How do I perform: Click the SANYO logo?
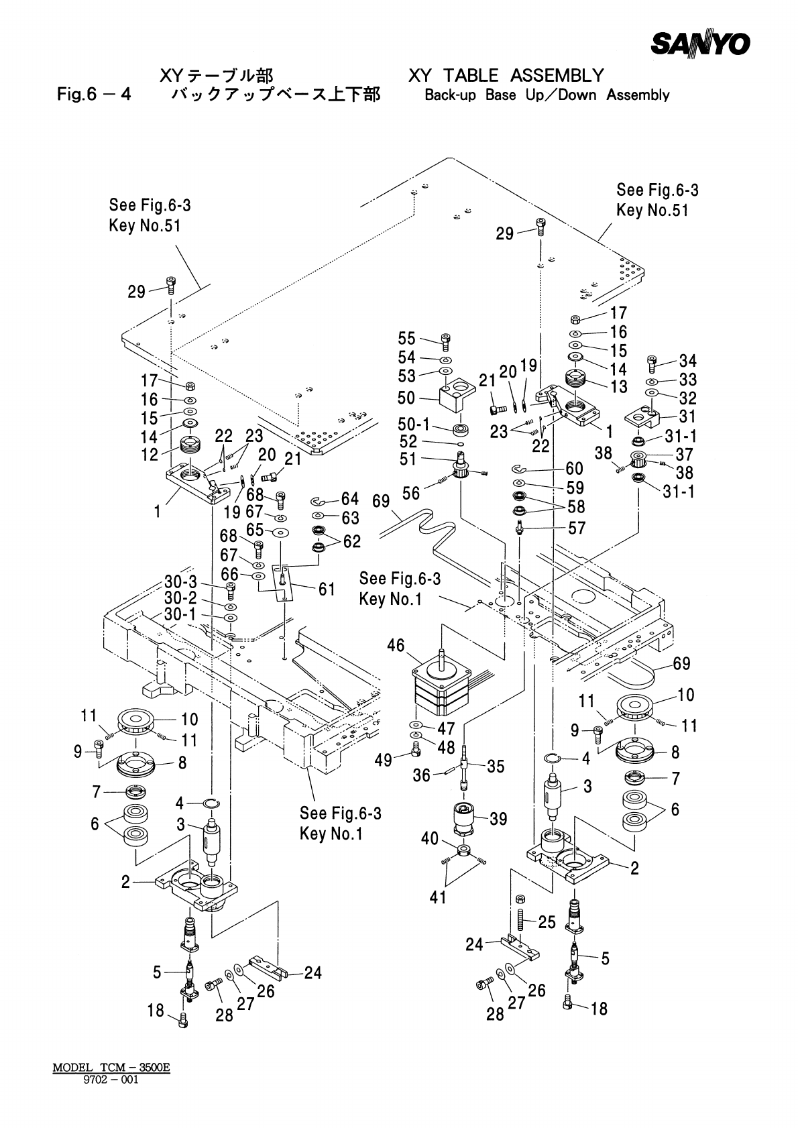click(700, 44)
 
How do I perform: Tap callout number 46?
click(396, 646)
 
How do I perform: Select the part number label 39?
click(498, 819)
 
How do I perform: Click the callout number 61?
click(327, 589)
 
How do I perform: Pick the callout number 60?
click(574, 468)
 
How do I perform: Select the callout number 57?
click(576, 528)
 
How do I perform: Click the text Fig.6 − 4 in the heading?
click(93, 94)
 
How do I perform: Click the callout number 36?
click(422, 775)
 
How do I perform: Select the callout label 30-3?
click(180, 582)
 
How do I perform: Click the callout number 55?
click(407, 338)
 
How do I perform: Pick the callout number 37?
click(683, 455)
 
